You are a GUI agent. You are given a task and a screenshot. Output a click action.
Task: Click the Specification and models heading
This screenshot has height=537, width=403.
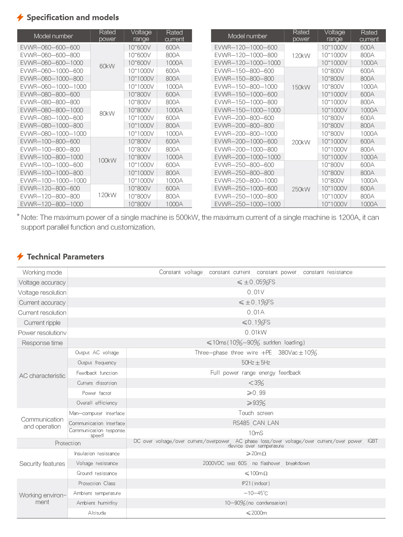point(73,17)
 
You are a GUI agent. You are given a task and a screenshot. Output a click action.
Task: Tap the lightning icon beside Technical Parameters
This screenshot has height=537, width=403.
point(20,257)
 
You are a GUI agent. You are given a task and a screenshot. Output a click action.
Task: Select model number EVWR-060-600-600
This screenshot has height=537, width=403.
point(50,47)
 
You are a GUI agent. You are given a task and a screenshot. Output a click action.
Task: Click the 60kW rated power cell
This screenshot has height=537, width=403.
point(107,66)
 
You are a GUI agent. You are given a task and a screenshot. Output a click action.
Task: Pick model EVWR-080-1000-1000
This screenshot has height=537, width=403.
point(53,134)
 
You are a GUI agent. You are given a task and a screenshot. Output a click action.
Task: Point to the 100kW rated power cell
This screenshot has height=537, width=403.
point(107,160)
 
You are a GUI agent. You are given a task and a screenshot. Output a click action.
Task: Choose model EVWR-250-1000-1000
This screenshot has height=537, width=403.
point(247,204)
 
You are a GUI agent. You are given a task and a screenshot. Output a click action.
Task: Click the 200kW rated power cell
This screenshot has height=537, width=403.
point(301,142)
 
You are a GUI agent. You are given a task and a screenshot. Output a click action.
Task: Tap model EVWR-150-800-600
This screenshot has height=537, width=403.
point(244,71)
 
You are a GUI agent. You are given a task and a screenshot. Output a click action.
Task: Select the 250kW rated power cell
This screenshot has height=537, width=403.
point(301,189)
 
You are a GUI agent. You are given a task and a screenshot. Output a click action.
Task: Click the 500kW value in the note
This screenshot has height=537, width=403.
point(187,217)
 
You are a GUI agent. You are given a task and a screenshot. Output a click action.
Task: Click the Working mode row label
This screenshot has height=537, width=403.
point(42,272)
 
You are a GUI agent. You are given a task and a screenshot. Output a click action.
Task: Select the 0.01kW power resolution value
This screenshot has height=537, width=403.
point(256,332)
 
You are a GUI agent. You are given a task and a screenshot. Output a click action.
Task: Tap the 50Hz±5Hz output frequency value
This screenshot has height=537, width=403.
point(256,362)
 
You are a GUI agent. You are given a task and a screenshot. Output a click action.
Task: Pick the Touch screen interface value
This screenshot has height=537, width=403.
point(256,413)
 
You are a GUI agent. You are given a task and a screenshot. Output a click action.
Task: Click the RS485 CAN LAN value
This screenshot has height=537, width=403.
point(256,423)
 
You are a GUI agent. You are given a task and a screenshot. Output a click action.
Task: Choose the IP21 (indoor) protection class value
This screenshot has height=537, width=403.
point(256,483)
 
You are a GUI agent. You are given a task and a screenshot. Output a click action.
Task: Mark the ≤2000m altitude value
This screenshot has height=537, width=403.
point(257,513)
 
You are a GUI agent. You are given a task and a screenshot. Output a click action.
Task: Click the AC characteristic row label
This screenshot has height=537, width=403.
point(42,376)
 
